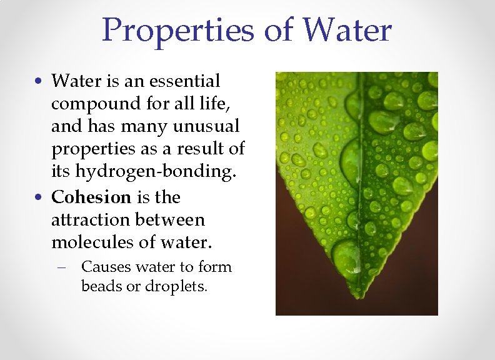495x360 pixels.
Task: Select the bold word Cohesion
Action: point(91,197)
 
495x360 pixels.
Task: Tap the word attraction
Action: point(90,220)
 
